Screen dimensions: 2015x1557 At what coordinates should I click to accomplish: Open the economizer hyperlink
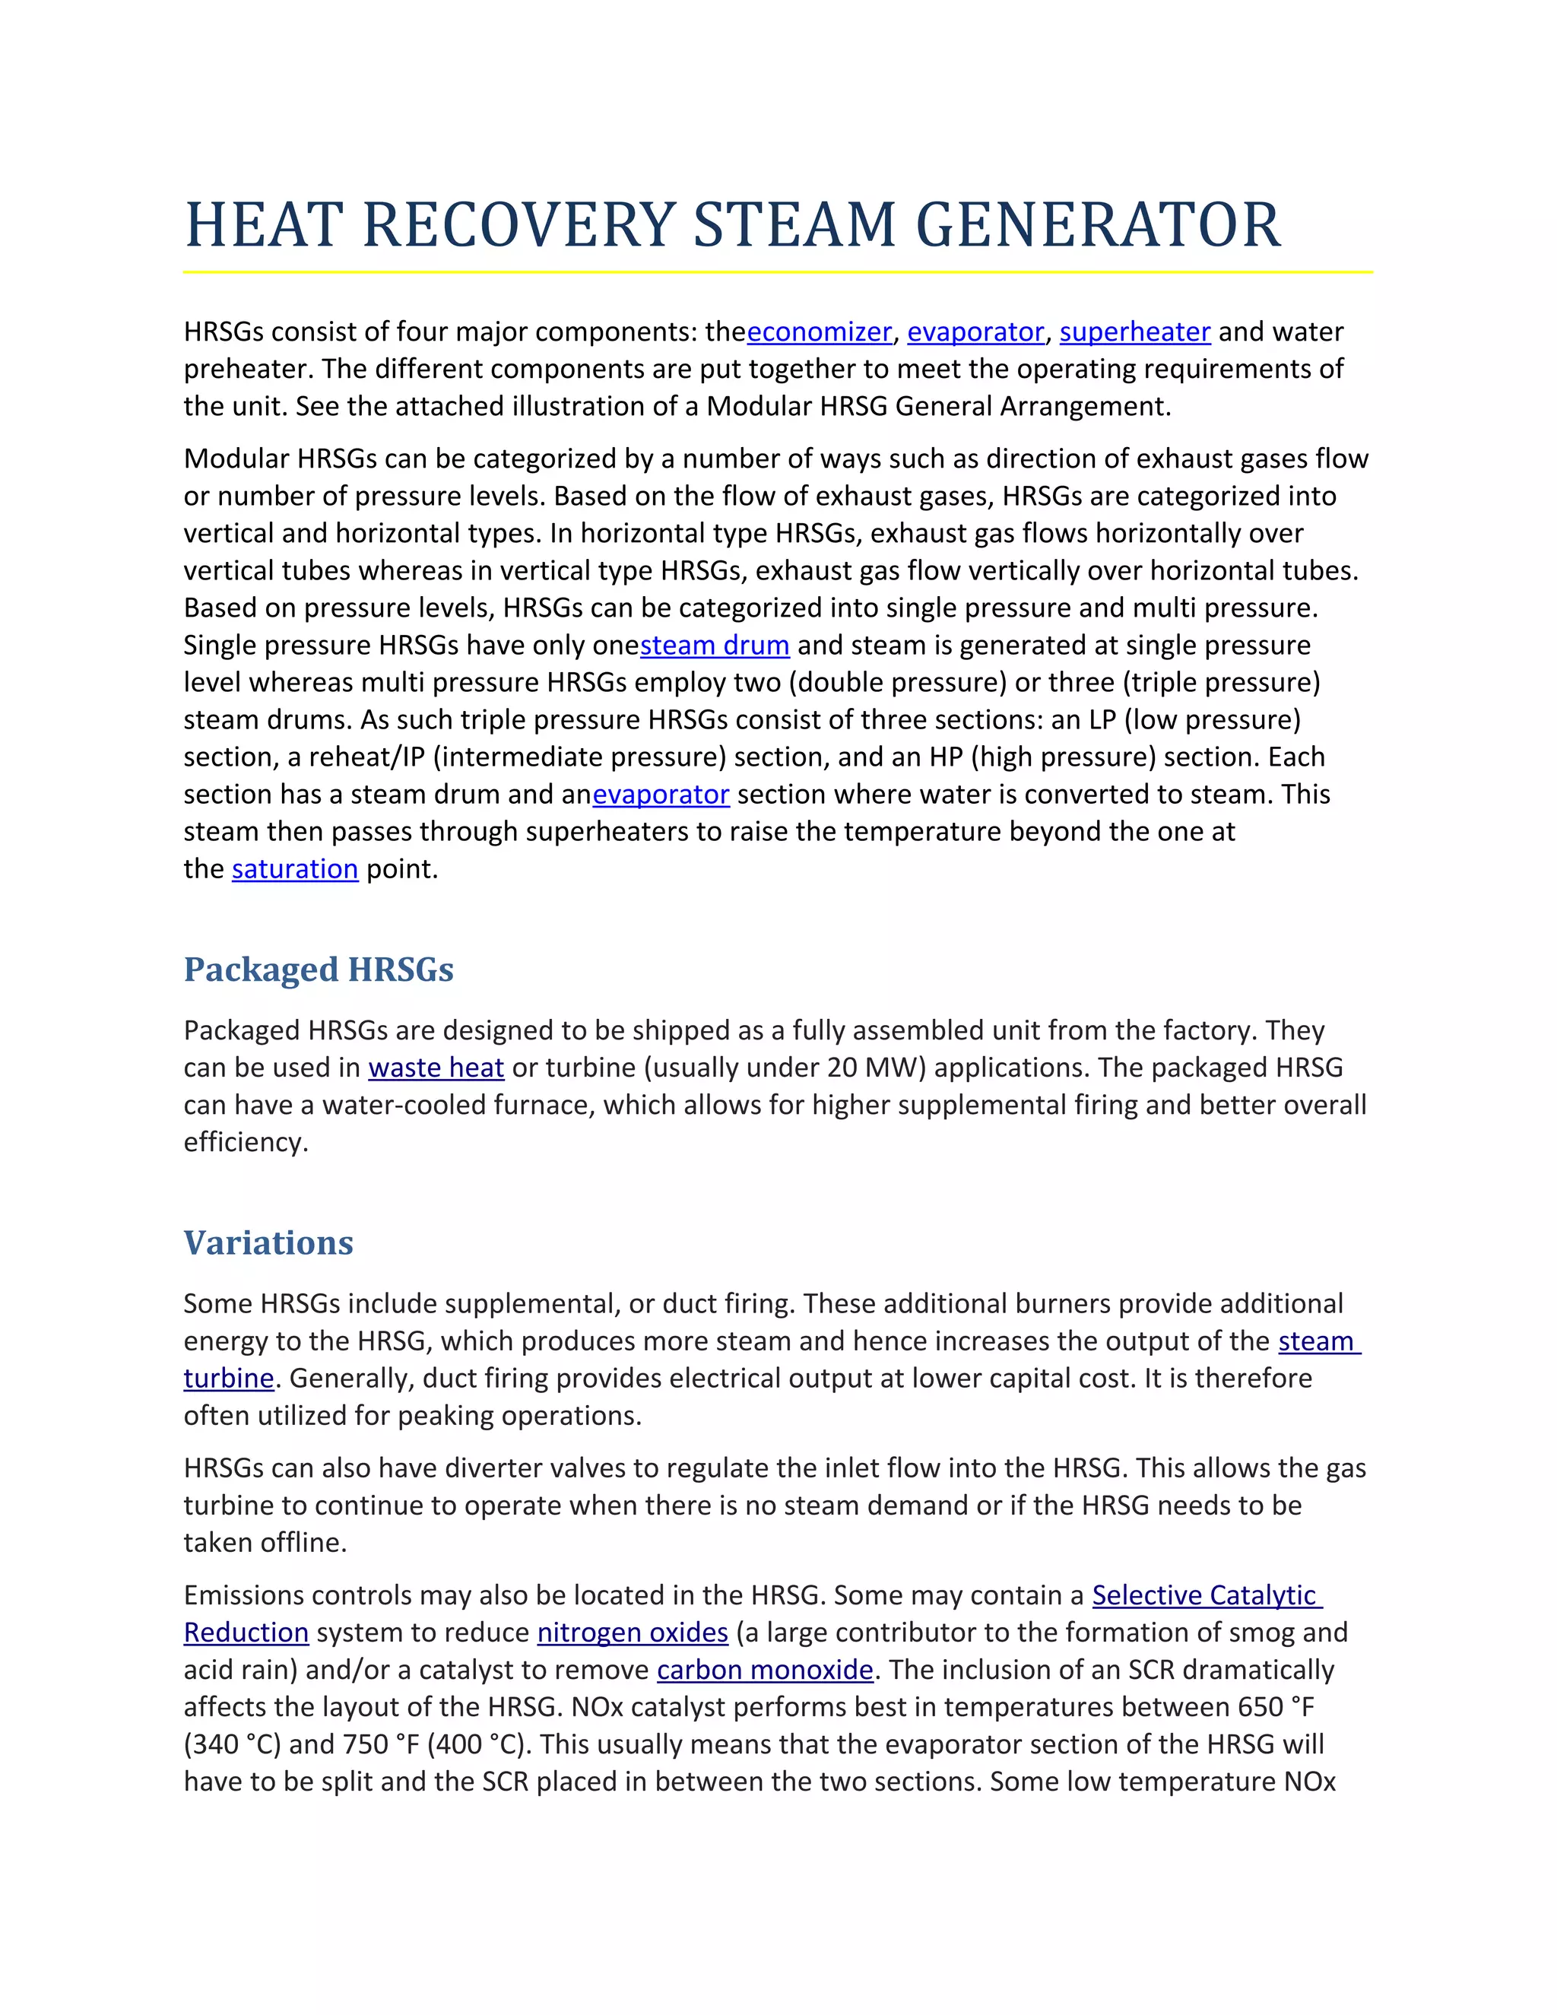[x=819, y=332]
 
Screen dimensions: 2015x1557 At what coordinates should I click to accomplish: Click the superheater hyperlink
[x=1134, y=332]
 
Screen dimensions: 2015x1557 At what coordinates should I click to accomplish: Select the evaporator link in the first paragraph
[x=975, y=332]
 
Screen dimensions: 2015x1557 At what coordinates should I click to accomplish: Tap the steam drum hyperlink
[x=715, y=646]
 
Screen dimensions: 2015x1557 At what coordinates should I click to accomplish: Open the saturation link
[x=294, y=869]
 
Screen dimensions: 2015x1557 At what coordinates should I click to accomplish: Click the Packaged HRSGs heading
[x=319, y=969]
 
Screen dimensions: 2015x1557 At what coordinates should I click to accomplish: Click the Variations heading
[x=268, y=1242]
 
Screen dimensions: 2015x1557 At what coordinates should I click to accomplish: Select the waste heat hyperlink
[x=436, y=1068]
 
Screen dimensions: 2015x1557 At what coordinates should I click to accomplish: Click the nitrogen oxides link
[x=633, y=1633]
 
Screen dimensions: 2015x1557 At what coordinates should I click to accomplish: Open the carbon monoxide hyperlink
[x=765, y=1670]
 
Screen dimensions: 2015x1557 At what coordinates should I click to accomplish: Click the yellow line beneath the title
[x=778, y=272]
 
